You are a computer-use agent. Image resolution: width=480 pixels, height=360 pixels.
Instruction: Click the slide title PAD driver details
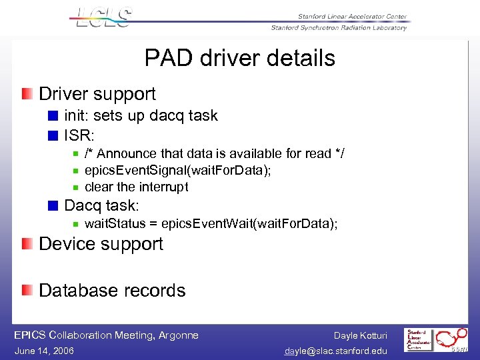coord(239,59)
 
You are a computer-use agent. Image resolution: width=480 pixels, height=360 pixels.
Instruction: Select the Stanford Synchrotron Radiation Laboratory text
coord(339,28)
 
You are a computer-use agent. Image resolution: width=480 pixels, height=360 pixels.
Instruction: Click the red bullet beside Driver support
coord(26,94)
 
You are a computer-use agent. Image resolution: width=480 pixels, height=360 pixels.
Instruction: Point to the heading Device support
coord(101,244)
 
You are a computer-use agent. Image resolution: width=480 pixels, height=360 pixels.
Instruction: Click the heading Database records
coord(112,291)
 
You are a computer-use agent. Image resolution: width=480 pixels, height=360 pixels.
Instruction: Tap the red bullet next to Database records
coord(26,291)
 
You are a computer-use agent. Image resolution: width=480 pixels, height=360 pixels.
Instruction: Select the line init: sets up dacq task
coord(141,115)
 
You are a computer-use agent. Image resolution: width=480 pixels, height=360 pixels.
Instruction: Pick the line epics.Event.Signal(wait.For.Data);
coord(178,170)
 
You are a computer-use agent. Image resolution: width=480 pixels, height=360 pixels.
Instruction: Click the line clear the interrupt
coord(136,187)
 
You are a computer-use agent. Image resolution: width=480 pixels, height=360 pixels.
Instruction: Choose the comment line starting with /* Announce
coord(214,153)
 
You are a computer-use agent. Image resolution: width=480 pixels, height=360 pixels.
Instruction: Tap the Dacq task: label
coord(101,205)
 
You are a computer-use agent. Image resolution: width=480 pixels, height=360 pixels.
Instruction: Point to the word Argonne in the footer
coord(179,335)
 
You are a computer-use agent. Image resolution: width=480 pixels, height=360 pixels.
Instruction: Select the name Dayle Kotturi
coord(361,335)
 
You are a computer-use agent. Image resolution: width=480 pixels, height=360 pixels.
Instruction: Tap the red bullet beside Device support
coord(26,244)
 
